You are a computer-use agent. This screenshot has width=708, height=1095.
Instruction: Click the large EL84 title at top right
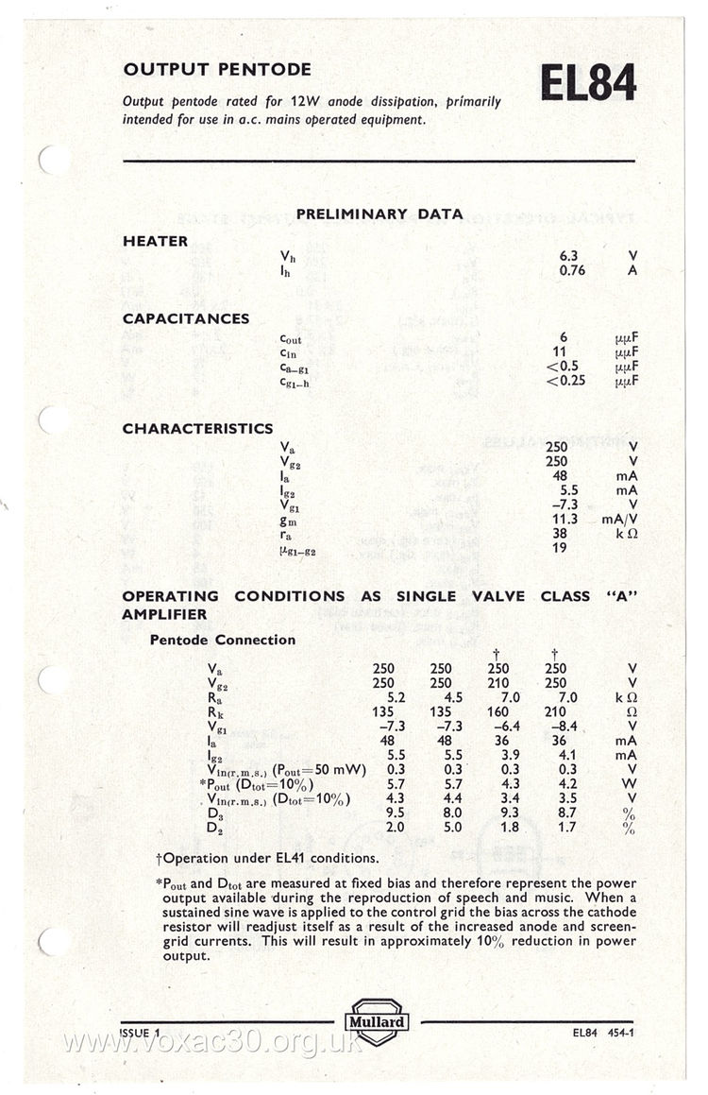click(587, 83)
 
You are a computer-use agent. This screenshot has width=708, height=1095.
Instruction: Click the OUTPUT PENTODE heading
click(217, 69)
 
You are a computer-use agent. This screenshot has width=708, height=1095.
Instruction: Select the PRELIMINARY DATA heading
click(379, 214)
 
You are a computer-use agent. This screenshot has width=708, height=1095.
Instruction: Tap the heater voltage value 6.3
click(568, 255)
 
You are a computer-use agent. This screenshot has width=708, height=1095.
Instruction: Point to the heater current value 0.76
click(572, 270)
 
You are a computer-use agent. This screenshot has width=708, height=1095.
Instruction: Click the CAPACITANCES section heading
click(186, 318)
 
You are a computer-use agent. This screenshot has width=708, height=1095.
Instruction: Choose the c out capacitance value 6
click(563, 338)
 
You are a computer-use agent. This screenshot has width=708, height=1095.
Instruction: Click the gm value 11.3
click(564, 519)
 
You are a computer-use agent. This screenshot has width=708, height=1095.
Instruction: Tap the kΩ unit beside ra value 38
click(628, 533)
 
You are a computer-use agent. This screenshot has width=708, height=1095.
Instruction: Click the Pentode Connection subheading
click(223, 640)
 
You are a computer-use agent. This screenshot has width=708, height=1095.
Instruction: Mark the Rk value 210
click(556, 712)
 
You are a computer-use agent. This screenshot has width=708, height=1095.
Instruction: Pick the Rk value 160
click(498, 712)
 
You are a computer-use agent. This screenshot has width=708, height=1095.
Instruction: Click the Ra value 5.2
click(383, 697)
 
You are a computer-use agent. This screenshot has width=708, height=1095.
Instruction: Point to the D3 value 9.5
click(383, 813)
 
